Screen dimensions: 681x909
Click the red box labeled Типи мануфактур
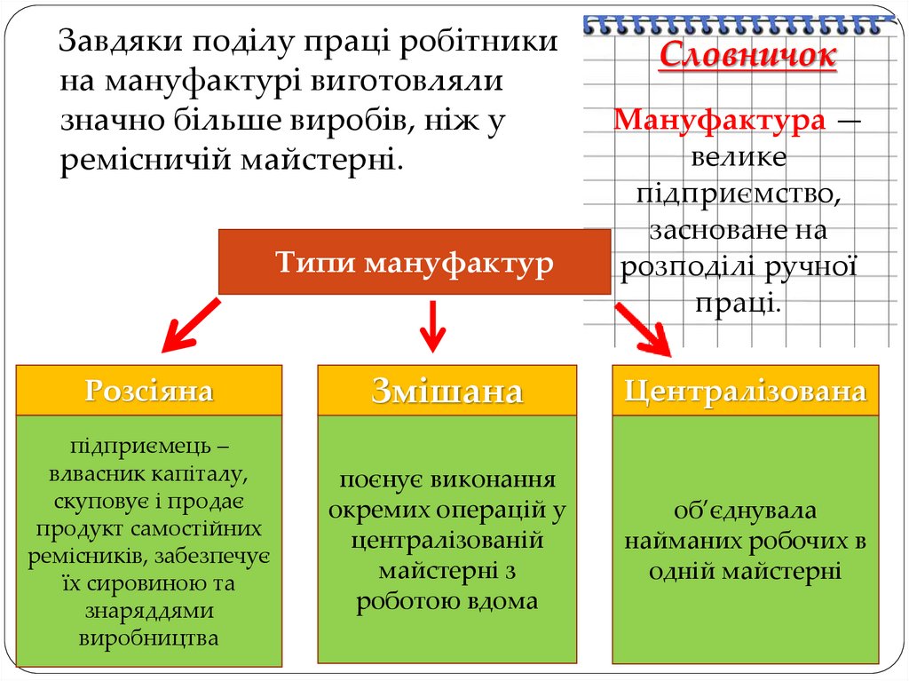[x=414, y=262]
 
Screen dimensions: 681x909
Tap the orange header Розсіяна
[x=149, y=391]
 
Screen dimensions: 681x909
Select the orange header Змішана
[x=447, y=391]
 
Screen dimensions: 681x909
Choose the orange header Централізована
[x=745, y=391]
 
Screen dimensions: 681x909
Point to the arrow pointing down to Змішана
[x=432, y=325]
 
